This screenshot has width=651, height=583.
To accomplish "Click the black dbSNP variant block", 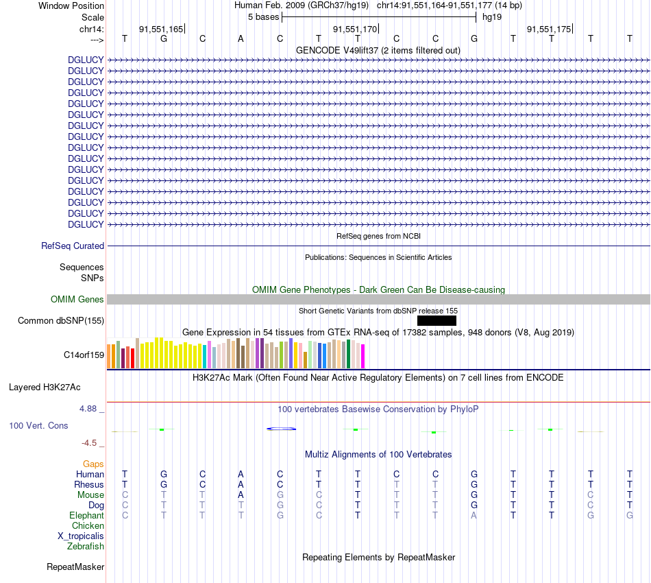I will (437, 320).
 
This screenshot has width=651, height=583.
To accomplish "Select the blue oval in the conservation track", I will (281, 429).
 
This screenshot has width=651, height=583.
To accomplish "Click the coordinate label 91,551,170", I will (355, 29).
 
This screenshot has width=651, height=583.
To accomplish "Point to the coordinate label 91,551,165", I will (161, 29).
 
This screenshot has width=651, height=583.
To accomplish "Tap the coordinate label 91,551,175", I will (549, 29).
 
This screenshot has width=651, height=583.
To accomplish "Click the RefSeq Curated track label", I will (73, 246).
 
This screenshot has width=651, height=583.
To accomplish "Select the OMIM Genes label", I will (77, 299).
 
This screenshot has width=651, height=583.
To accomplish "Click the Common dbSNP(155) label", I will (61, 320).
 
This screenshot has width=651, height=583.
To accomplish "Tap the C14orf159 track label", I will (84, 355).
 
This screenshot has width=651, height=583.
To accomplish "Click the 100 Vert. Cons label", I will (38, 425).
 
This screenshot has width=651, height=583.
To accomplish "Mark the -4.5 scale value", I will (90, 443).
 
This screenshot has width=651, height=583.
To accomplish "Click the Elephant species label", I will (86, 515).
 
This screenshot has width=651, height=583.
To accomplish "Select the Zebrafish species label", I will (86, 546).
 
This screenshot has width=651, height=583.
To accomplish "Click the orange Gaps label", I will (93, 464).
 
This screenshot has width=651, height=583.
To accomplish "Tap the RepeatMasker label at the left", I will (75, 567).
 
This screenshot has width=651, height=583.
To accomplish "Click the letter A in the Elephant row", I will (474, 515).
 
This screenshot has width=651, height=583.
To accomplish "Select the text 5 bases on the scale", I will (262, 16).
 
